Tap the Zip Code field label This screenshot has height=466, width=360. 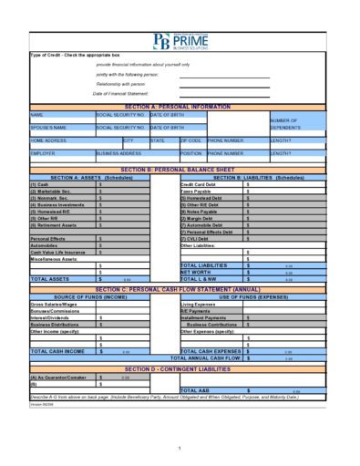click(190, 140)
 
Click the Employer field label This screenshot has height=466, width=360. click(44, 153)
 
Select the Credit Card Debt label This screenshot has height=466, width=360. click(200, 183)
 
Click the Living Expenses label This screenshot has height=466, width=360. click(199, 303)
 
